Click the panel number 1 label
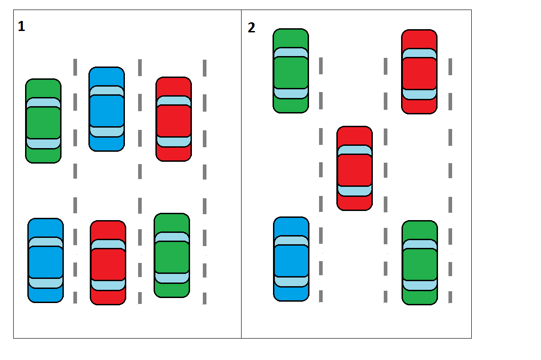(21, 27)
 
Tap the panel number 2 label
(252, 28)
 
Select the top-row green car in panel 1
(43, 121)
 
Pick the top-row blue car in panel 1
(107, 109)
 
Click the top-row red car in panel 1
(174, 119)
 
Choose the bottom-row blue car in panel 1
(46, 260)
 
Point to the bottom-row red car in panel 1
(108, 263)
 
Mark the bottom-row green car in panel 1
(172, 256)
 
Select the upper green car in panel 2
(291, 71)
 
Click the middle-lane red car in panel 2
(355, 169)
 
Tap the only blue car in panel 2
(291, 259)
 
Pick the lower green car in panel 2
(420, 263)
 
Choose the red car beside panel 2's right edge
(419, 72)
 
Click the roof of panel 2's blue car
(291, 261)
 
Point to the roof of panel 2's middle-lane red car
(355, 170)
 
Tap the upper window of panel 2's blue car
(291, 241)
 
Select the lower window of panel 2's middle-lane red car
(355, 191)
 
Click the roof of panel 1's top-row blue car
(107, 111)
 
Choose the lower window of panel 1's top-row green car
(43, 143)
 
